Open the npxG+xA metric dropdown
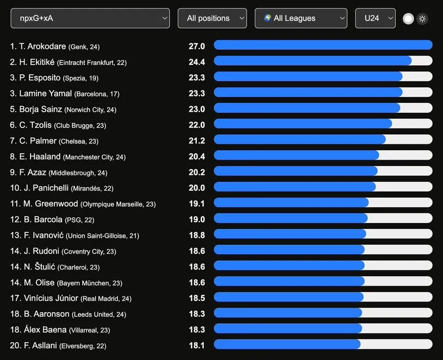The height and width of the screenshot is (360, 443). pos(90,18)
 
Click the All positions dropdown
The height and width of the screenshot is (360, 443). pos(212,18)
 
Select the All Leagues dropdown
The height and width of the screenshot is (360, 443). pos(301,18)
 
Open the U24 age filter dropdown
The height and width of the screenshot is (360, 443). pos(375,18)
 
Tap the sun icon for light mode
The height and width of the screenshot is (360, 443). pos(422,19)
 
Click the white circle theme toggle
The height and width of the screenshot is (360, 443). pos(408,19)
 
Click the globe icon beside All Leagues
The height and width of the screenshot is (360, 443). pos(268,18)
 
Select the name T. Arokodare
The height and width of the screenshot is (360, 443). pos(42,46)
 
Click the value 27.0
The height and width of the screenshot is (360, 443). pos(196,46)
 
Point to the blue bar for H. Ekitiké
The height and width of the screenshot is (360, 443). pos(313,61)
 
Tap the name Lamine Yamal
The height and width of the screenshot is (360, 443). pos(45,94)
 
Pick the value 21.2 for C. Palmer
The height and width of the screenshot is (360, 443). pos(196,141)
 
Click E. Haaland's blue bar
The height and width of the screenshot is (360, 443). pos(296,155)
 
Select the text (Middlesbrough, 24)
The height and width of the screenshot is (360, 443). pos(78,173)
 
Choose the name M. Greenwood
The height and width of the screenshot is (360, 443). pos(51,204)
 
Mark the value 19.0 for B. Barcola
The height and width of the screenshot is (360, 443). pos(196,220)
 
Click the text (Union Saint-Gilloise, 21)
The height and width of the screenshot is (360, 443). pos(102,236)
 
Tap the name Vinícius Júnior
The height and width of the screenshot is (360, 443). pos(51,298)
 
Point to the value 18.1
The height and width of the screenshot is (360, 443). pos(196,345)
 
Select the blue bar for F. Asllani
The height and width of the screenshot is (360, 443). pos(287,344)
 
